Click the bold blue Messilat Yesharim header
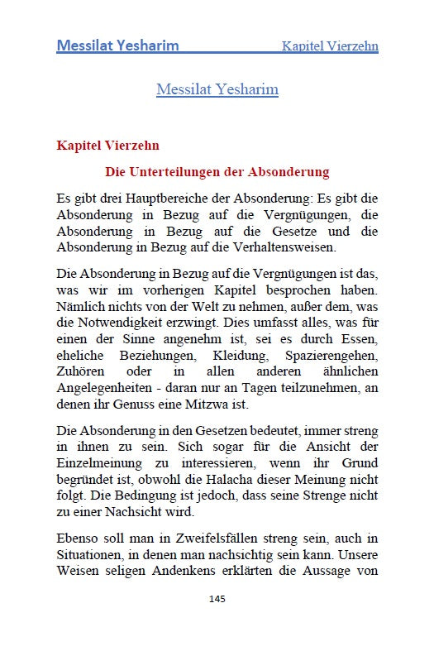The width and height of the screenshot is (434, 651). [117, 45]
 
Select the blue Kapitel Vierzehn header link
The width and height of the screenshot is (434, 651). [330, 46]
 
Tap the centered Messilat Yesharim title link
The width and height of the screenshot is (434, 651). [217, 89]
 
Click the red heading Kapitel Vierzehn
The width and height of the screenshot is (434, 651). [107, 146]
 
